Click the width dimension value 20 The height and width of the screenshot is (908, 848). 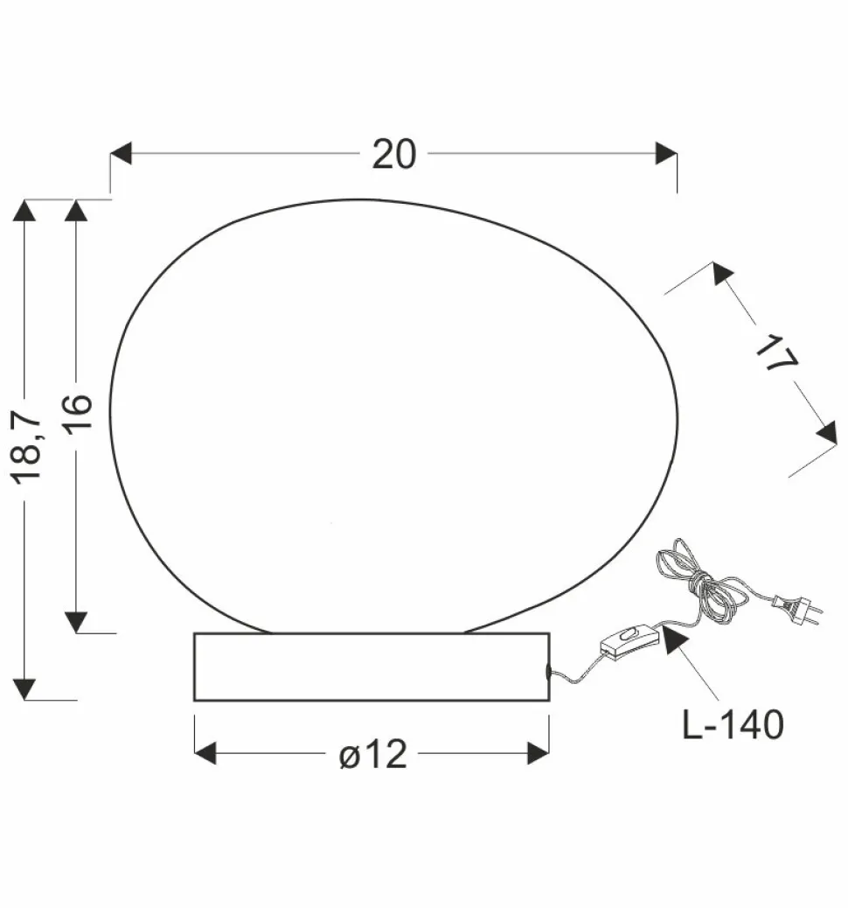coord(393,154)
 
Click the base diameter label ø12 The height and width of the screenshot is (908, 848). coord(373,754)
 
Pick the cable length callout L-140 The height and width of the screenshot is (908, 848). coord(733,724)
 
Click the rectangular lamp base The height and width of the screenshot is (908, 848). coord(372,667)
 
